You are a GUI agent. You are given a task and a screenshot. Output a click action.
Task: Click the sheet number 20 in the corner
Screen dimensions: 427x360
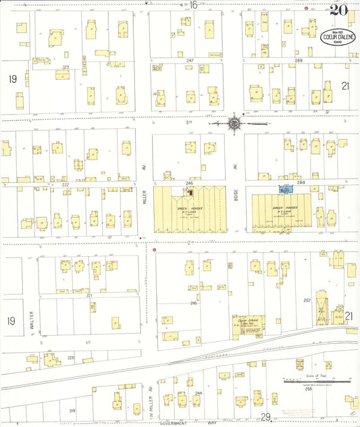338,9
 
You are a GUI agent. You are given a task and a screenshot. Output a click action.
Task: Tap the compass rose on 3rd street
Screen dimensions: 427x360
234,124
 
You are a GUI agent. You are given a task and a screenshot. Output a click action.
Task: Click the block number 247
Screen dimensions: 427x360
190,61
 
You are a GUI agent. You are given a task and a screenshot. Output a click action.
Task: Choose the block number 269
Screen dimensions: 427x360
299,61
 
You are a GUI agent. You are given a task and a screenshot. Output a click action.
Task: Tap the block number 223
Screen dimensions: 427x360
66,68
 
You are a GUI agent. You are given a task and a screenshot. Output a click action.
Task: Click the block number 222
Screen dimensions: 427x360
66,184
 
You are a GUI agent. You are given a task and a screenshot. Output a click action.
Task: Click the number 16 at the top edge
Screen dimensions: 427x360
193,5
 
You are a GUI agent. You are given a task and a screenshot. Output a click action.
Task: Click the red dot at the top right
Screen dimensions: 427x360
306,9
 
